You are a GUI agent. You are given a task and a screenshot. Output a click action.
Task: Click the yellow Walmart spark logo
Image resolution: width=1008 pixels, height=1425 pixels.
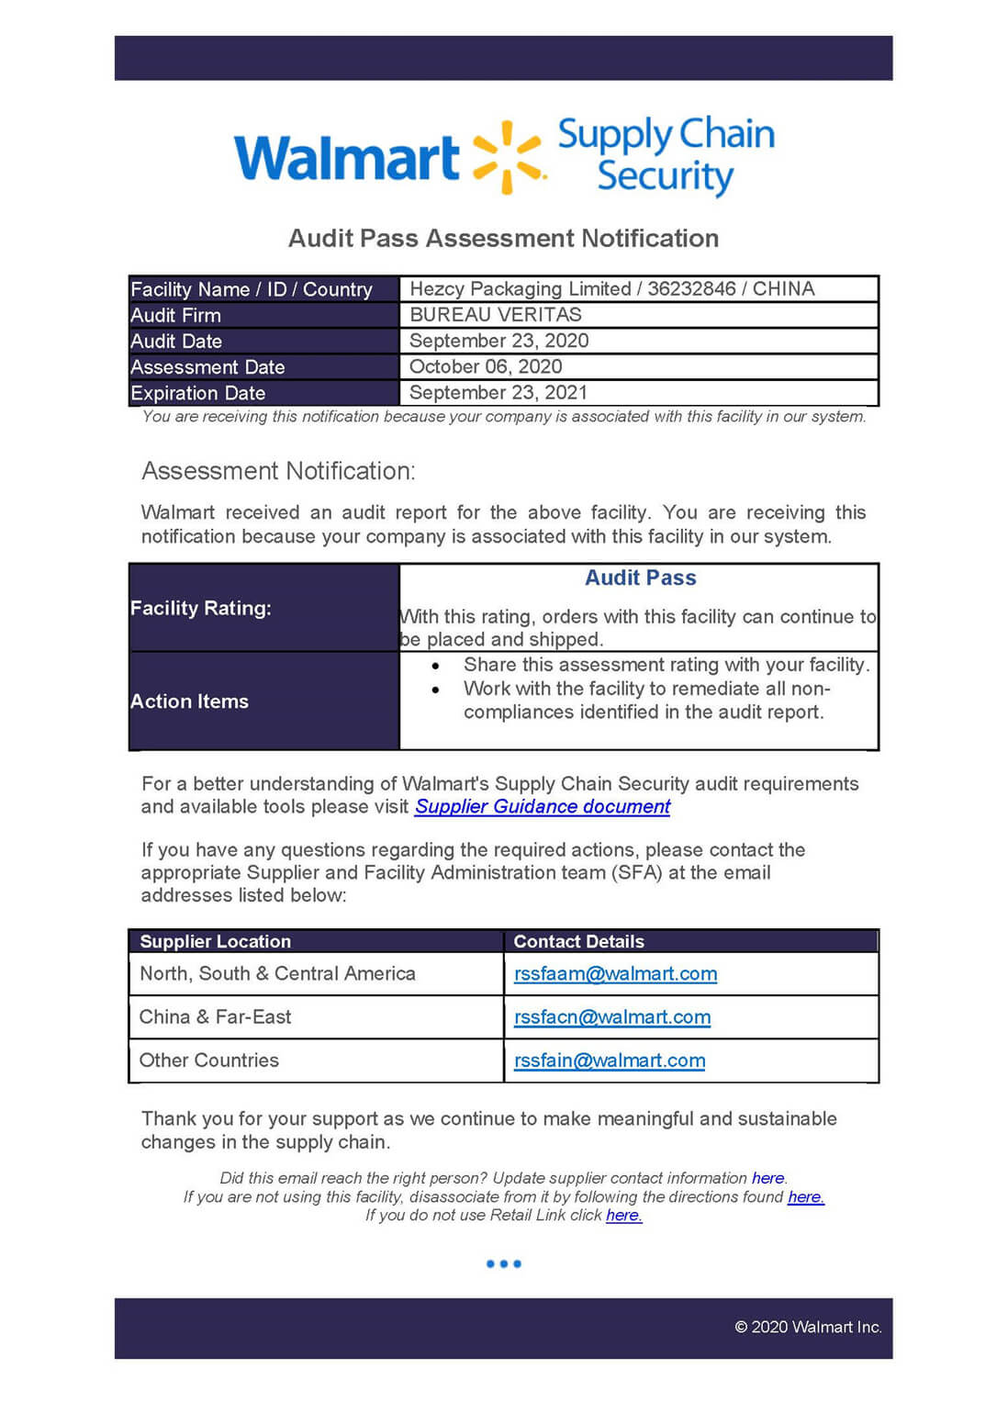click(x=508, y=156)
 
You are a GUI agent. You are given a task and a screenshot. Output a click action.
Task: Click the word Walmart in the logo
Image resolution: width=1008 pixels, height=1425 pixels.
click(x=346, y=158)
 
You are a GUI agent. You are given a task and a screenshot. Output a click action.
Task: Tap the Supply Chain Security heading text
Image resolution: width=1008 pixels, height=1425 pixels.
click(x=666, y=154)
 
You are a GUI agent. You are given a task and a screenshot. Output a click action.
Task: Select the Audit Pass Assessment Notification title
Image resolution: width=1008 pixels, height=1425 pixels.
click(x=503, y=239)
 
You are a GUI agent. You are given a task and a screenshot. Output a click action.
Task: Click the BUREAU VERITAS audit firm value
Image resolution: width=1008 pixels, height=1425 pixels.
click(x=496, y=315)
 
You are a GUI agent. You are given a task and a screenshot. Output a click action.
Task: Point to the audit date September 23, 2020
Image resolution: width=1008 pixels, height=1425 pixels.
click(x=498, y=341)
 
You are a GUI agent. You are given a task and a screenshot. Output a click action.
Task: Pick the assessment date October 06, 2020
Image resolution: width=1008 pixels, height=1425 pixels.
click(x=486, y=366)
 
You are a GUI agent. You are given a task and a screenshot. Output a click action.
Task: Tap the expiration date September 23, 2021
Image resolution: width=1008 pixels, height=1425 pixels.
click(x=498, y=393)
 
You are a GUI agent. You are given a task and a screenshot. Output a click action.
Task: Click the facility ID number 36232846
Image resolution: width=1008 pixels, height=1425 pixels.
click(x=691, y=289)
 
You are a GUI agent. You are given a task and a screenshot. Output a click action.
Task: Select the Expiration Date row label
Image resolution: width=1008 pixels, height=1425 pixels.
click(x=198, y=393)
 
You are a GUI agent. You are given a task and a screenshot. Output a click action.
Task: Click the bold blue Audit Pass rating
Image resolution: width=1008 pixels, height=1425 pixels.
click(x=641, y=578)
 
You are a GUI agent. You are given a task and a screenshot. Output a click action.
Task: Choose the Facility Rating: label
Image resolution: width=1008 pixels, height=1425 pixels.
click(x=201, y=608)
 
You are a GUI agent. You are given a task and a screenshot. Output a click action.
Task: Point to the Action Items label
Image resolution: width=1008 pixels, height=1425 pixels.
click(x=190, y=701)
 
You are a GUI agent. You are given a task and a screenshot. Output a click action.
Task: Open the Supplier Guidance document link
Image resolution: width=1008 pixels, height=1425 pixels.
click(x=543, y=807)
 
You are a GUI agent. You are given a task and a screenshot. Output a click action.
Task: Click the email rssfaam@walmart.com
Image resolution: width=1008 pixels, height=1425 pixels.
click(x=615, y=974)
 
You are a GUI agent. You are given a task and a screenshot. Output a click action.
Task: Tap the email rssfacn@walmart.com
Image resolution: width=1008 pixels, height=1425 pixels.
click(x=612, y=1017)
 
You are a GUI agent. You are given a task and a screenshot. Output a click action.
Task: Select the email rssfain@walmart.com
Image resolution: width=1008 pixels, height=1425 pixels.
click(x=610, y=1060)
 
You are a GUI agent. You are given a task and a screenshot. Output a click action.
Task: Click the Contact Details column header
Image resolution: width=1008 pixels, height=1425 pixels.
click(x=579, y=941)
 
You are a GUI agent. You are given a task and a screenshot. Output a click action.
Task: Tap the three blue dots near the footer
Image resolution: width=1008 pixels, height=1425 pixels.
click(x=504, y=1264)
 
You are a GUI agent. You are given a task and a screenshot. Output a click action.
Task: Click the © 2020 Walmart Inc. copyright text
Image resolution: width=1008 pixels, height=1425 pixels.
click(x=808, y=1327)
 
